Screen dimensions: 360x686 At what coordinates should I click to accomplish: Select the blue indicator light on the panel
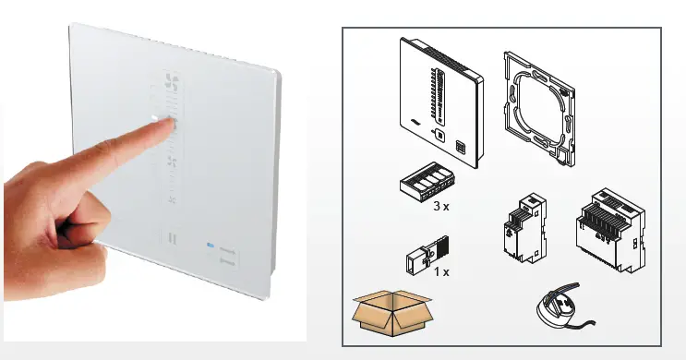click(211, 246)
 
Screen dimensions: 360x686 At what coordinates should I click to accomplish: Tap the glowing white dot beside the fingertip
click(154, 117)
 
